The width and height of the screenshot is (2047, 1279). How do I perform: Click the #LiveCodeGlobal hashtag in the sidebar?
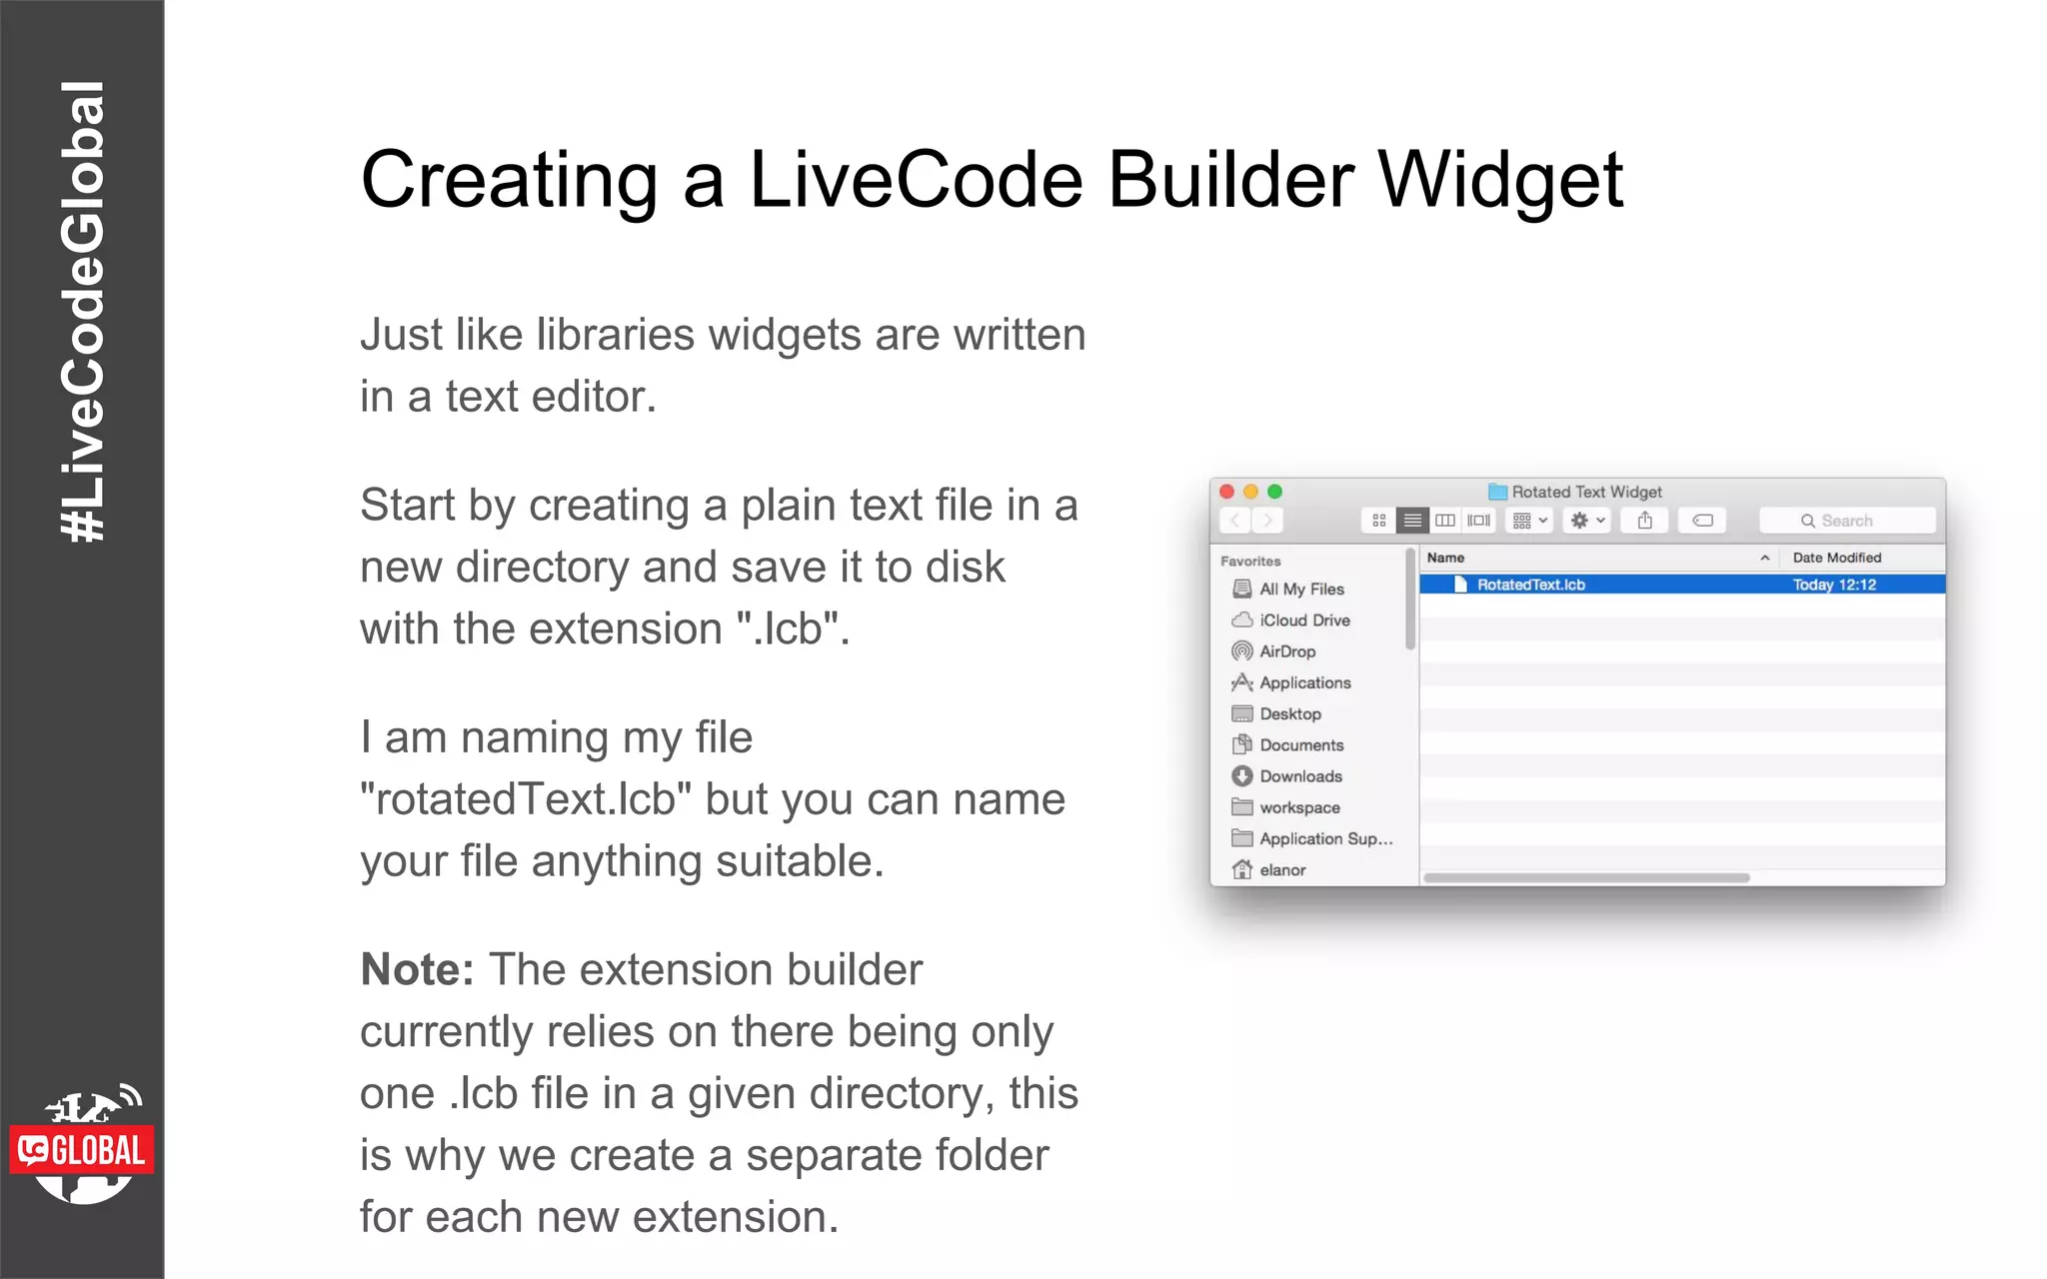click(82, 312)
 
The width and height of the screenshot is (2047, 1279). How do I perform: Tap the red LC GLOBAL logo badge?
click(82, 1150)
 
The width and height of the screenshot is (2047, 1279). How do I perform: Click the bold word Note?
click(417, 969)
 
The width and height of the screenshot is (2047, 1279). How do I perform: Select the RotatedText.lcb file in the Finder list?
click(1530, 585)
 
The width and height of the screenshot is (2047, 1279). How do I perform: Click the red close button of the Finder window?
click(1227, 492)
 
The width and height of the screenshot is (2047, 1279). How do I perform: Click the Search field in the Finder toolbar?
click(1847, 521)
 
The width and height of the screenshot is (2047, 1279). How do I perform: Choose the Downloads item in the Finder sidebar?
click(1299, 776)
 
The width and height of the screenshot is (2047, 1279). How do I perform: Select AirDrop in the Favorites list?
click(1286, 651)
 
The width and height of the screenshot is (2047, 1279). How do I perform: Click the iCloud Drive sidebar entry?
click(1303, 621)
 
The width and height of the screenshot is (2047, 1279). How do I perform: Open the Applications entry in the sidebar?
click(1304, 682)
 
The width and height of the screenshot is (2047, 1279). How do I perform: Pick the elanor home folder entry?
click(1281, 870)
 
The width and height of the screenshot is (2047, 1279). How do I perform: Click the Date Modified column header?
click(1836, 558)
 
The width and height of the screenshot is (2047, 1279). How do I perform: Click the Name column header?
click(1445, 558)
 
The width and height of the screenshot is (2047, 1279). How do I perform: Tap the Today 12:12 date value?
click(1834, 585)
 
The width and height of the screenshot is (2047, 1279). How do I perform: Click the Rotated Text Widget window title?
click(1585, 492)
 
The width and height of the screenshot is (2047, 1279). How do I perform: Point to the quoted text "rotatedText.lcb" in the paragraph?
click(526, 799)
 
